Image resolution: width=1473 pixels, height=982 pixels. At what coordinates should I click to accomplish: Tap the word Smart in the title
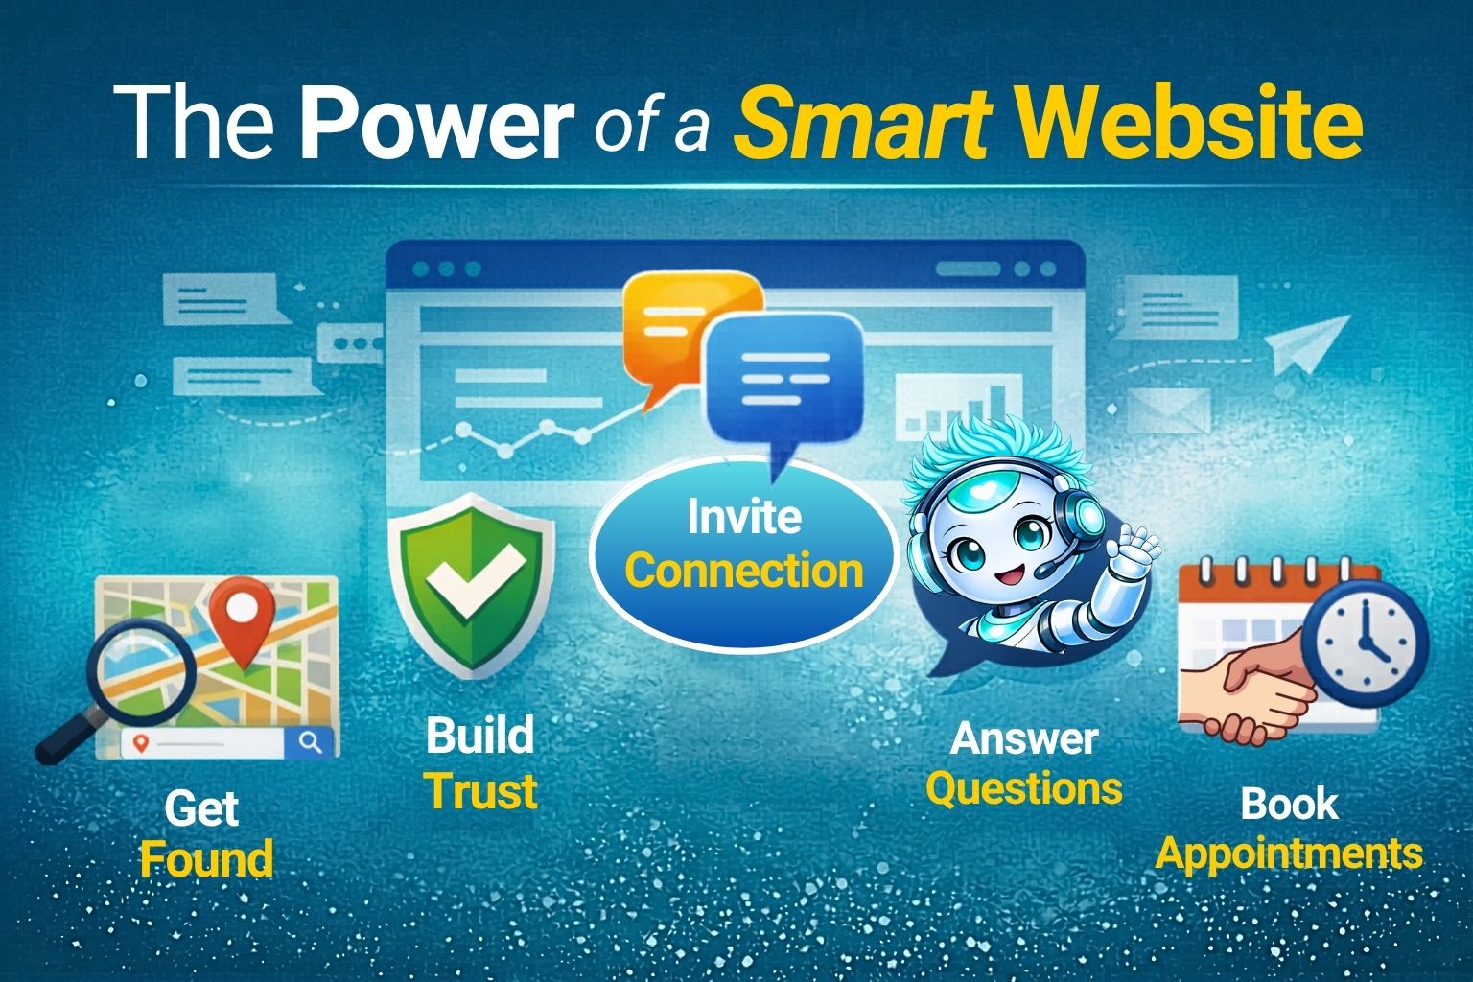863,125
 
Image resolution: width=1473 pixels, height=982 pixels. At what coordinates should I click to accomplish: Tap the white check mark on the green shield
474,580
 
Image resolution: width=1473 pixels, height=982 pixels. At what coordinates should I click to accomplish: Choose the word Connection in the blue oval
744,572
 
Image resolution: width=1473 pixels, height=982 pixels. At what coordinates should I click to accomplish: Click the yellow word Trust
480,792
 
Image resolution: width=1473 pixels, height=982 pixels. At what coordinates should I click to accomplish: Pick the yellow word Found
206,858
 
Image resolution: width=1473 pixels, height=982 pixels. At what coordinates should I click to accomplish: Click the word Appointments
1288,853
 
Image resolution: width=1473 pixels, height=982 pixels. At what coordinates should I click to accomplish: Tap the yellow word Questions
1023,788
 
